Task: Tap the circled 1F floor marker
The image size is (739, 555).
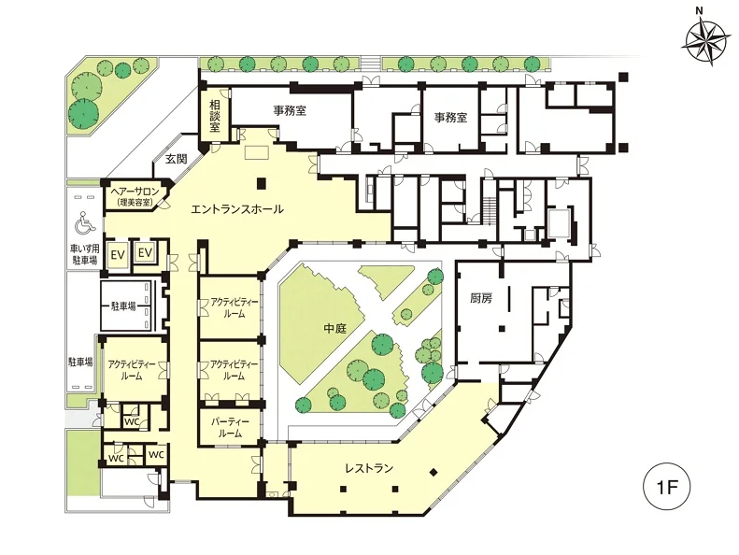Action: pyautogui.click(x=666, y=487)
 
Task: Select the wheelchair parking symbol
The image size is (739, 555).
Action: pyautogui.click(x=85, y=223)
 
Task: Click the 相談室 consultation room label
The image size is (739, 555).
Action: pyautogui.click(x=215, y=116)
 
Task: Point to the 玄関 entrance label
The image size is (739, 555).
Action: pyautogui.click(x=176, y=159)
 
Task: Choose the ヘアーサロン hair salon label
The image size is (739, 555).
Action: pyautogui.click(x=135, y=192)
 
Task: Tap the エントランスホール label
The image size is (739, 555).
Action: pyautogui.click(x=237, y=209)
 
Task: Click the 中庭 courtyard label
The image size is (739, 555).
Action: pyautogui.click(x=335, y=328)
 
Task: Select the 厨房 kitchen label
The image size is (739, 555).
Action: pyautogui.click(x=481, y=298)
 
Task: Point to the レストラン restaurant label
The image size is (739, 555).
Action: pyautogui.click(x=369, y=468)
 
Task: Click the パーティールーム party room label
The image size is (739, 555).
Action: pyautogui.click(x=231, y=428)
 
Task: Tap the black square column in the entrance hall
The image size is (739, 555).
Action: pyautogui.click(x=262, y=183)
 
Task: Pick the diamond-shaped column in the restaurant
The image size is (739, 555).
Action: pyautogui.click(x=433, y=471)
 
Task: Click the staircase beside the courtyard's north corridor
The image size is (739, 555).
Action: pyautogui.click(x=490, y=210)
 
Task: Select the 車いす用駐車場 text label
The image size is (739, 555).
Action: pyautogui.click(x=85, y=254)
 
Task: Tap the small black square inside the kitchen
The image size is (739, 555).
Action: pyautogui.click(x=503, y=329)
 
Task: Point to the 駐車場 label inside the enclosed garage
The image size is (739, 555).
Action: pyautogui.click(x=123, y=306)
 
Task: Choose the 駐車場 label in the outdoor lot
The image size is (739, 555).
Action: pyautogui.click(x=80, y=363)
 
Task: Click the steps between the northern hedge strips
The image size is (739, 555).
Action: pyautogui.click(x=371, y=63)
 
